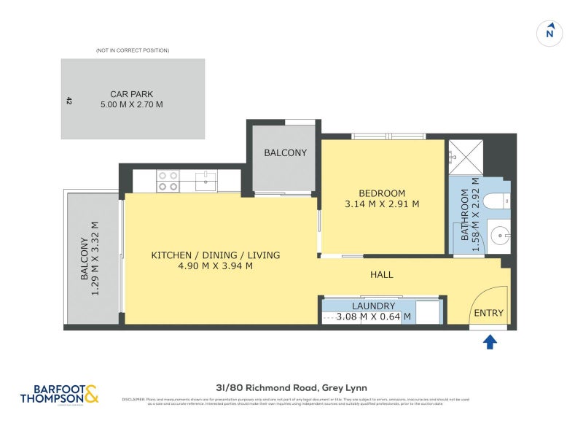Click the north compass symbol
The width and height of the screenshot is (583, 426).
coord(550,33)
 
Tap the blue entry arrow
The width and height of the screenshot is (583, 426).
coord(490,341)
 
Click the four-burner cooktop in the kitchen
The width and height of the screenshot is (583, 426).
coord(168,181)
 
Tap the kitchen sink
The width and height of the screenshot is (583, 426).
coord(206,180)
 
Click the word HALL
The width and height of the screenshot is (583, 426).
coord(381,275)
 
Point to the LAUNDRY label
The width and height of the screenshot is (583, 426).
coord(373,306)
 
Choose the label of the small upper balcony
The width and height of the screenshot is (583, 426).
coord(285,153)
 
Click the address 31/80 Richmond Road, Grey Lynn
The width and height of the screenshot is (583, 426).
coord(291,388)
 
